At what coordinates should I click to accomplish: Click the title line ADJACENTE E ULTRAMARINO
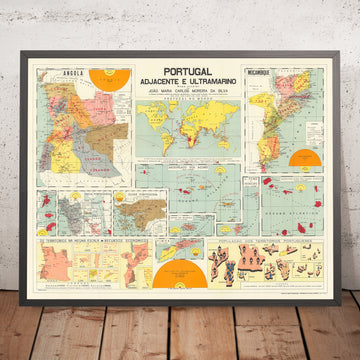click(x=181, y=87)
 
